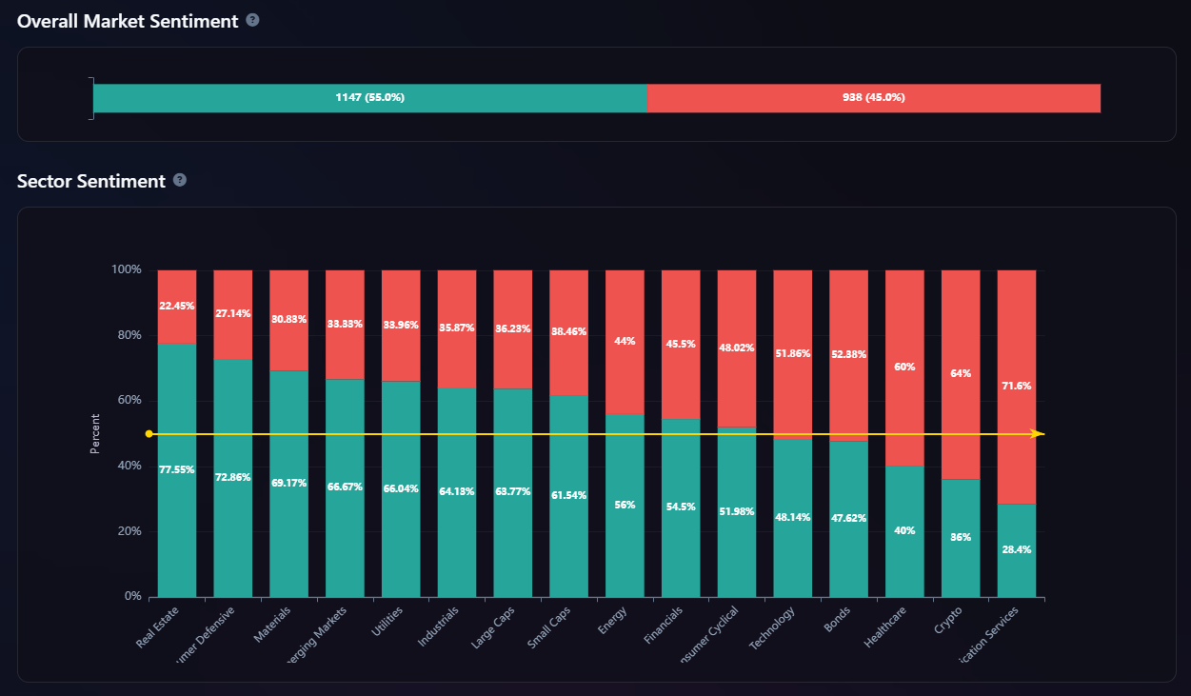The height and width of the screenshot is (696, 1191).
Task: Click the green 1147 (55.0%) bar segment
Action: (x=369, y=98)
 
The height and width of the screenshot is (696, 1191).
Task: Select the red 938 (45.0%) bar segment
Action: (x=873, y=98)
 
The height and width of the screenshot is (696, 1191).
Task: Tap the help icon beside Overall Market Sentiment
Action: (x=252, y=20)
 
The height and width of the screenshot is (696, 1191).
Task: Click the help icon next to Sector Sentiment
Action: (x=180, y=180)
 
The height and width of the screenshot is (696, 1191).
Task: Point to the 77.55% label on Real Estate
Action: (x=177, y=469)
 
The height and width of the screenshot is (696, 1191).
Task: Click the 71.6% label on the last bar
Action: (x=1017, y=386)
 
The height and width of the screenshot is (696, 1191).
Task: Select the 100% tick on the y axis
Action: (x=127, y=270)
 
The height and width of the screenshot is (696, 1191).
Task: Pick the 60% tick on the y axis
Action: (x=129, y=401)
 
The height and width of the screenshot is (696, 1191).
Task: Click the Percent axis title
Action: (x=95, y=433)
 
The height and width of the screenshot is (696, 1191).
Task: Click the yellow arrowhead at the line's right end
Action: (x=1039, y=434)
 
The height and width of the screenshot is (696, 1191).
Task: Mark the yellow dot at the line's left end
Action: (x=149, y=434)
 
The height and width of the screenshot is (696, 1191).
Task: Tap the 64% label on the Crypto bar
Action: (x=961, y=373)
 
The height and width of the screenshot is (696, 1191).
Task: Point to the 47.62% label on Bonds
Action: (x=848, y=519)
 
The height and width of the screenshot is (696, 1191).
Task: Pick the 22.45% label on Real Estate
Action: (x=177, y=306)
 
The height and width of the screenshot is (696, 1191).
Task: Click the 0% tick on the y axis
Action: (x=132, y=597)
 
